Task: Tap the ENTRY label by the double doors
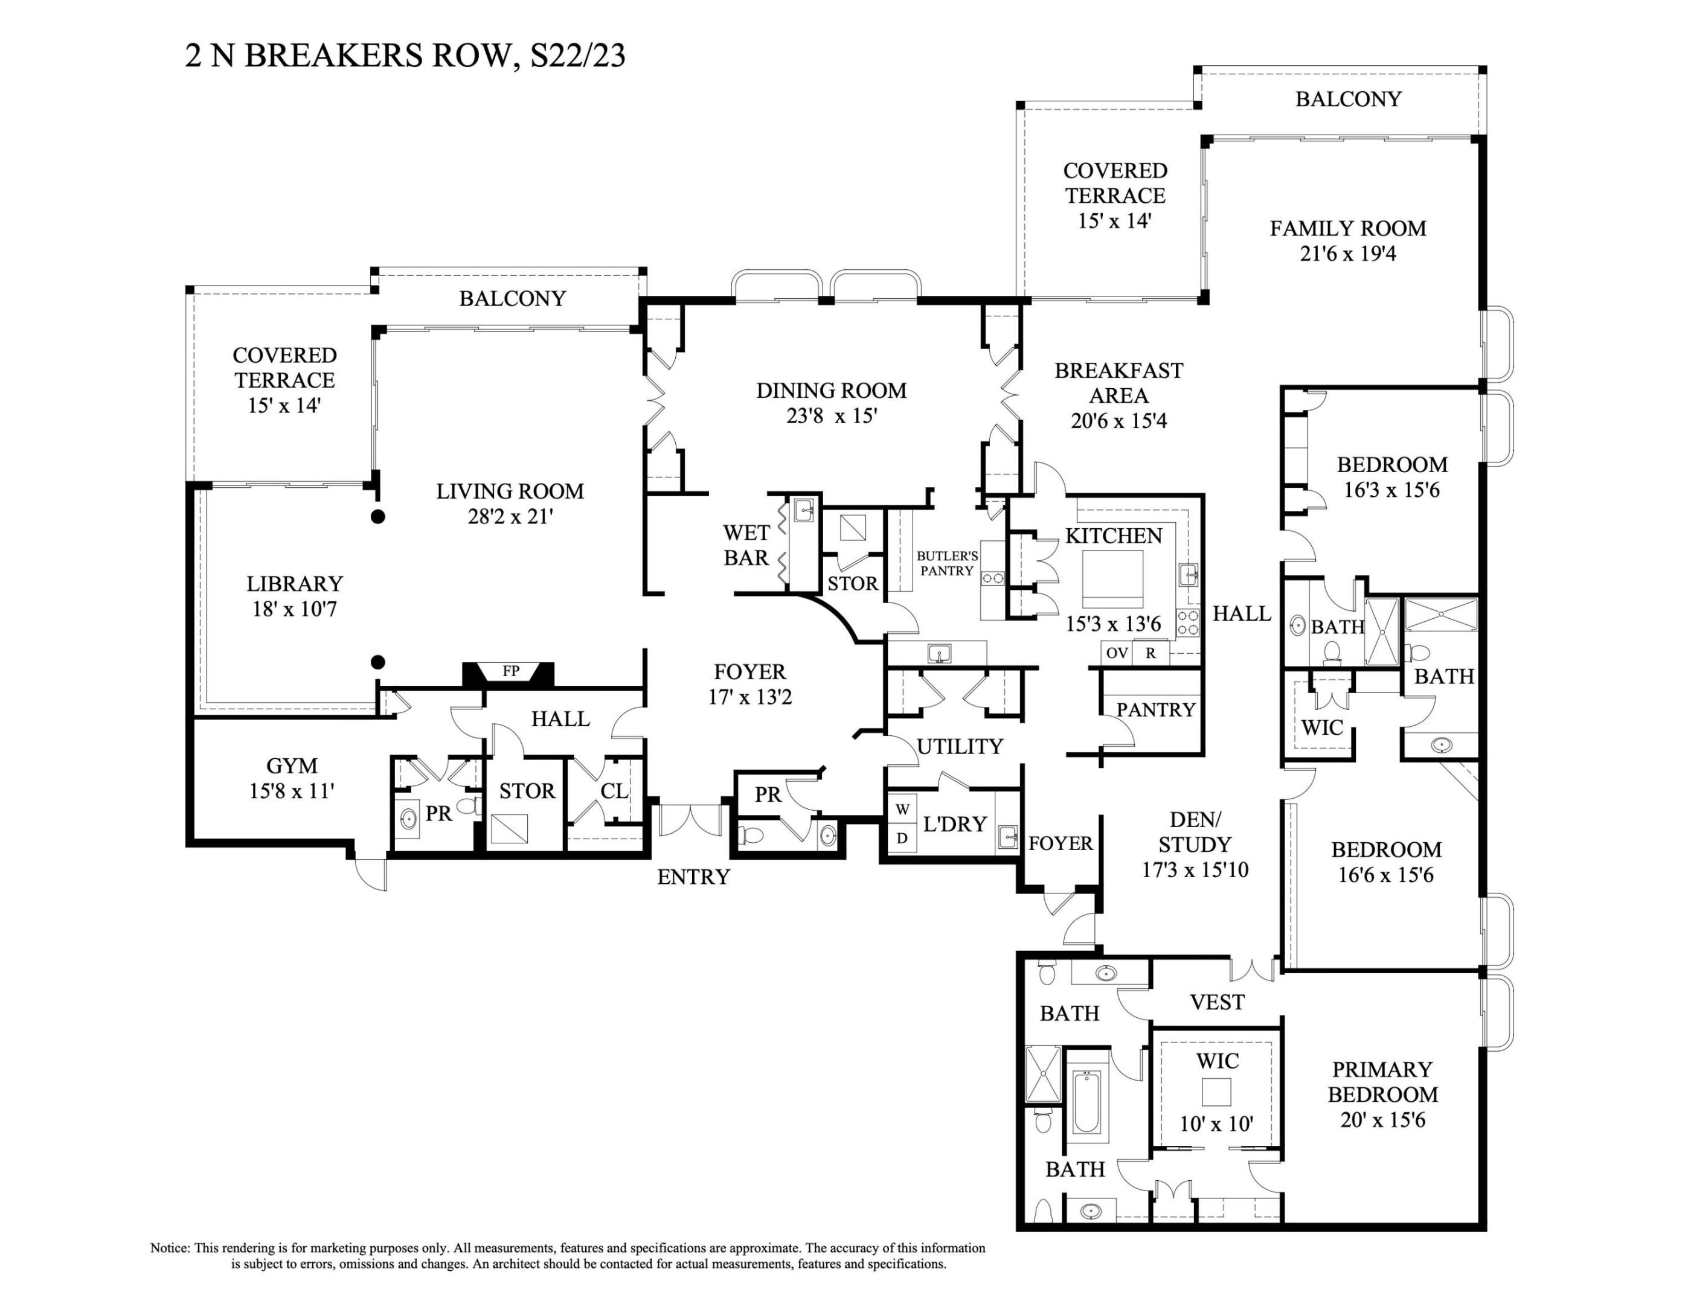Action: point(693,877)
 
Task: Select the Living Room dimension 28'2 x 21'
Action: point(510,517)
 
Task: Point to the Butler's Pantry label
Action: point(947,563)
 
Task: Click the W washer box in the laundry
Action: point(902,810)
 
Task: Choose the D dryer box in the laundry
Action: point(902,837)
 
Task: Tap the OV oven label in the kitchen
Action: point(1116,653)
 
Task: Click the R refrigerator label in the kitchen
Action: point(1151,653)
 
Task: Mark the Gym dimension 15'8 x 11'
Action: point(291,791)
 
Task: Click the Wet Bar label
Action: point(746,545)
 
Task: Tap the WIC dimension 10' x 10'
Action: point(1216,1124)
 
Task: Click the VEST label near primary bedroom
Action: point(1218,1003)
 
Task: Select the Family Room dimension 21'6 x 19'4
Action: point(1348,254)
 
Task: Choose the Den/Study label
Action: point(1195,832)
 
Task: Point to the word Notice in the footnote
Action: point(169,1248)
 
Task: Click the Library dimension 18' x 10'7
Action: point(295,610)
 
